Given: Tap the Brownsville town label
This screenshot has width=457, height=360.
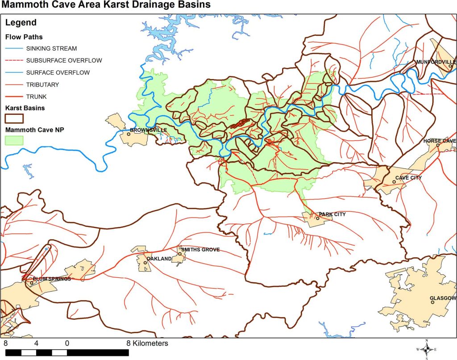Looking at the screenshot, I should (149, 130).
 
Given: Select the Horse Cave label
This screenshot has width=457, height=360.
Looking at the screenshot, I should (440, 141).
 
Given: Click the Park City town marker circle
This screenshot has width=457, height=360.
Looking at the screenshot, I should (318, 218).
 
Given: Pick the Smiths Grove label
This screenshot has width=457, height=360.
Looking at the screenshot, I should (200, 250).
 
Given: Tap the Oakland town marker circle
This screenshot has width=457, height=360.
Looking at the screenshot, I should (145, 263).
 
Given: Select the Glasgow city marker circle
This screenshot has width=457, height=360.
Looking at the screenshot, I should (432, 302).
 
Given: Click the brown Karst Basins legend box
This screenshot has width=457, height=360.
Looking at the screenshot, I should (14, 118).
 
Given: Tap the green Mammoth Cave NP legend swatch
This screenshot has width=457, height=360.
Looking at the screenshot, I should (14, 140).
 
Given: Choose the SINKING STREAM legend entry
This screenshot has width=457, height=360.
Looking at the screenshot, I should (51, 48).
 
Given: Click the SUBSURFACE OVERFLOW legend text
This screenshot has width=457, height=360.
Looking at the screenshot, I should (64, 60).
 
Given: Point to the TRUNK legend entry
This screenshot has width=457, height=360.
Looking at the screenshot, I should (36, 96).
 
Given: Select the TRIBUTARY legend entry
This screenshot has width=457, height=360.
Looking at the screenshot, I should (42, 84).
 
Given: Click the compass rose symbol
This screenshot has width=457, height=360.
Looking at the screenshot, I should (427, 350).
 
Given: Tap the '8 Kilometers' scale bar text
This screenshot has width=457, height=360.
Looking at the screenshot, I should (147, 343).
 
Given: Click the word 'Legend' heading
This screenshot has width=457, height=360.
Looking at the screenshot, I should (21, 23).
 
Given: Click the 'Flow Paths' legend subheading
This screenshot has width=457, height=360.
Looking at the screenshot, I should (24, 37).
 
